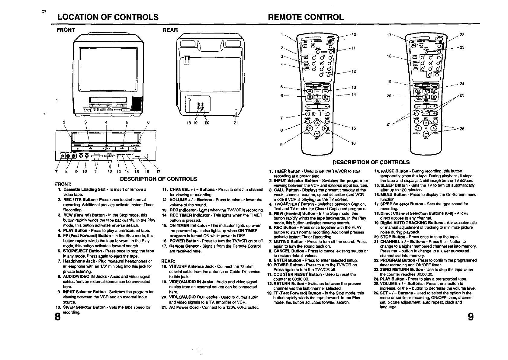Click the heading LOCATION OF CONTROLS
coord(108,17)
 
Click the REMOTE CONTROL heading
coord(306,17)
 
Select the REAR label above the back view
coord(170,30)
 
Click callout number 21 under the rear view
coord(236,123)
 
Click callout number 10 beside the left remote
coord(354,34)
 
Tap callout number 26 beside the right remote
coord(462,129)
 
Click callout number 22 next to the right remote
coord(462,35)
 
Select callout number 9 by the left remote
coord(281,145)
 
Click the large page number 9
coord(471,318)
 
